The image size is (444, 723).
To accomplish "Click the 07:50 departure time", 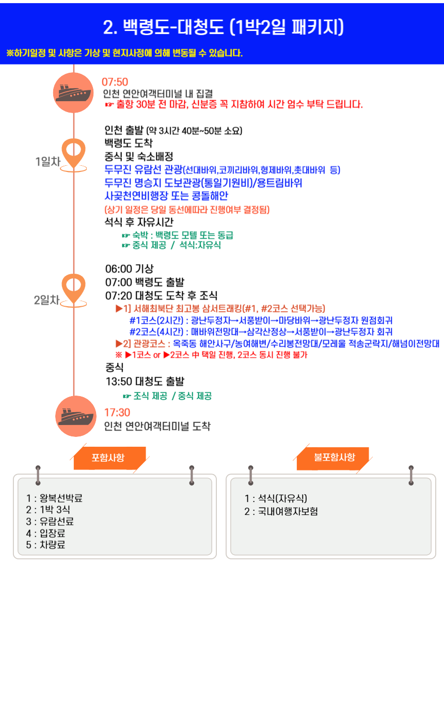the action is (115, 82).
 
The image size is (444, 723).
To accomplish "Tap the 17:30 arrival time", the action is (117, 413).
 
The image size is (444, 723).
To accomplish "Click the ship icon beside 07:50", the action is (73, 92).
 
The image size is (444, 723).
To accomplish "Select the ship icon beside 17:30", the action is (76, 416).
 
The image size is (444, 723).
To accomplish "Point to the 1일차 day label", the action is (48, 162).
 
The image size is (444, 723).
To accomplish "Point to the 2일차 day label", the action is (47, 300).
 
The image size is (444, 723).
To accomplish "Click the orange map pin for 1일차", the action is (73, 154).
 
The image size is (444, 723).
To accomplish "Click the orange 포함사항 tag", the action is (108, 458).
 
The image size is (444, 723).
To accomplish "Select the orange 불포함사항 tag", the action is (335, 458).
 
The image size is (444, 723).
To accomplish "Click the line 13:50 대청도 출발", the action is (145, 382).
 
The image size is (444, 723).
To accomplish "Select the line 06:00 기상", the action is (130, 269).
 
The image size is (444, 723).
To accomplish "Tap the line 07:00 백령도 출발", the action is (145, 282).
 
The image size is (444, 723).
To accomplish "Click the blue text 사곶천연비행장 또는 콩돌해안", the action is (166, 196).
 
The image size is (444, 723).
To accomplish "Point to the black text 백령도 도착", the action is (129, 143).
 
